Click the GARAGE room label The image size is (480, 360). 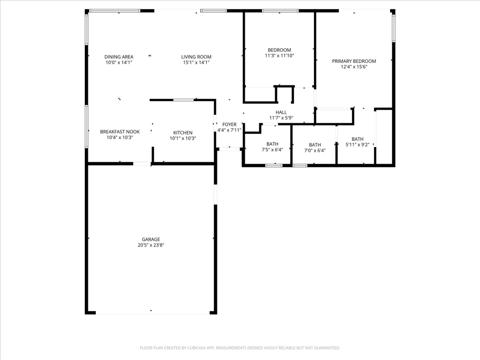[151, 240]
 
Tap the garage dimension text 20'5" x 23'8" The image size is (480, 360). [151, 245]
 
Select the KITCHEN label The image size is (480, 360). [183, 133]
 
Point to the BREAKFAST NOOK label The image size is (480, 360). [120, 132]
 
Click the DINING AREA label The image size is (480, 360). [119, 57]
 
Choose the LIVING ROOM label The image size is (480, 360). [196, 57]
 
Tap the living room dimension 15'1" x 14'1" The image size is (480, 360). [196, 62]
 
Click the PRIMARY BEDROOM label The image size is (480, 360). [354, 61]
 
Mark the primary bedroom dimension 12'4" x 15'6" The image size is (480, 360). [354, 67]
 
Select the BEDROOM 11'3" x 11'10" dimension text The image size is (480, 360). [279, 56]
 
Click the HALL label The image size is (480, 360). [281, 112]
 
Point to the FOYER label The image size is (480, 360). [229, 124]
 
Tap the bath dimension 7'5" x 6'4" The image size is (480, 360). [272, 150]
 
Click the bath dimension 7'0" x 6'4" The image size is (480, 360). [315, 150]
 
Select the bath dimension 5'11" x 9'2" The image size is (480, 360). [358, 145]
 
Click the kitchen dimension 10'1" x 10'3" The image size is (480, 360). [183, 138]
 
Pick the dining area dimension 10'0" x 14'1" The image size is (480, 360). [119, 62]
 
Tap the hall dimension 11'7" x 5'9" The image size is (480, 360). [281, 118]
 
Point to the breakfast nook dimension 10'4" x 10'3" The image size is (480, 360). [120, 137]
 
